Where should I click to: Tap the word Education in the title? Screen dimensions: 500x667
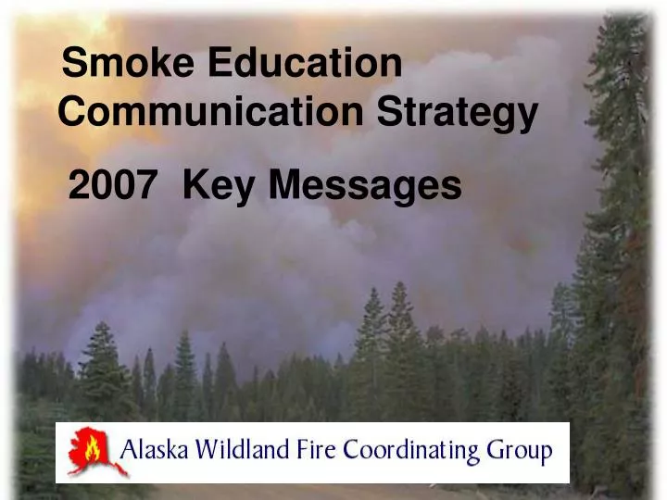[x=305, y=64]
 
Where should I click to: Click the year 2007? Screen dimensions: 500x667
[x=112, y=186]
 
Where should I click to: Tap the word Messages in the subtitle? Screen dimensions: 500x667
[x=366, y=188]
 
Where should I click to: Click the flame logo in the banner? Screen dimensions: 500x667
[x=89, y=451]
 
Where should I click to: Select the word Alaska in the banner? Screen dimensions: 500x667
[x=155, y=452]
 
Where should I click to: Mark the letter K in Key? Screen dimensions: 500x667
[x=195, y=186]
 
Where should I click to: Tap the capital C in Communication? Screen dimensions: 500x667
[x=72, y=113]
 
